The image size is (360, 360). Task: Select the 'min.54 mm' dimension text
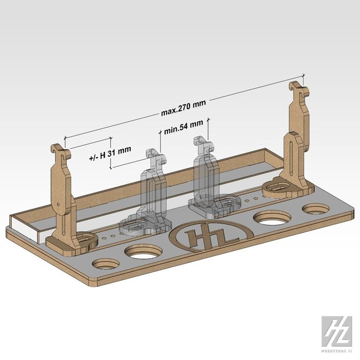pyautogui.click(x=181, y=132)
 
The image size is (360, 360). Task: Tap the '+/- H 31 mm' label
pyautogui.click(x=110, y=155)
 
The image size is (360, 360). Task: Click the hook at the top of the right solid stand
pyautogui.click(x=297, y=90)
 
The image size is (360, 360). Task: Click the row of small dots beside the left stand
pyautogui.click(x=109, y=235)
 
